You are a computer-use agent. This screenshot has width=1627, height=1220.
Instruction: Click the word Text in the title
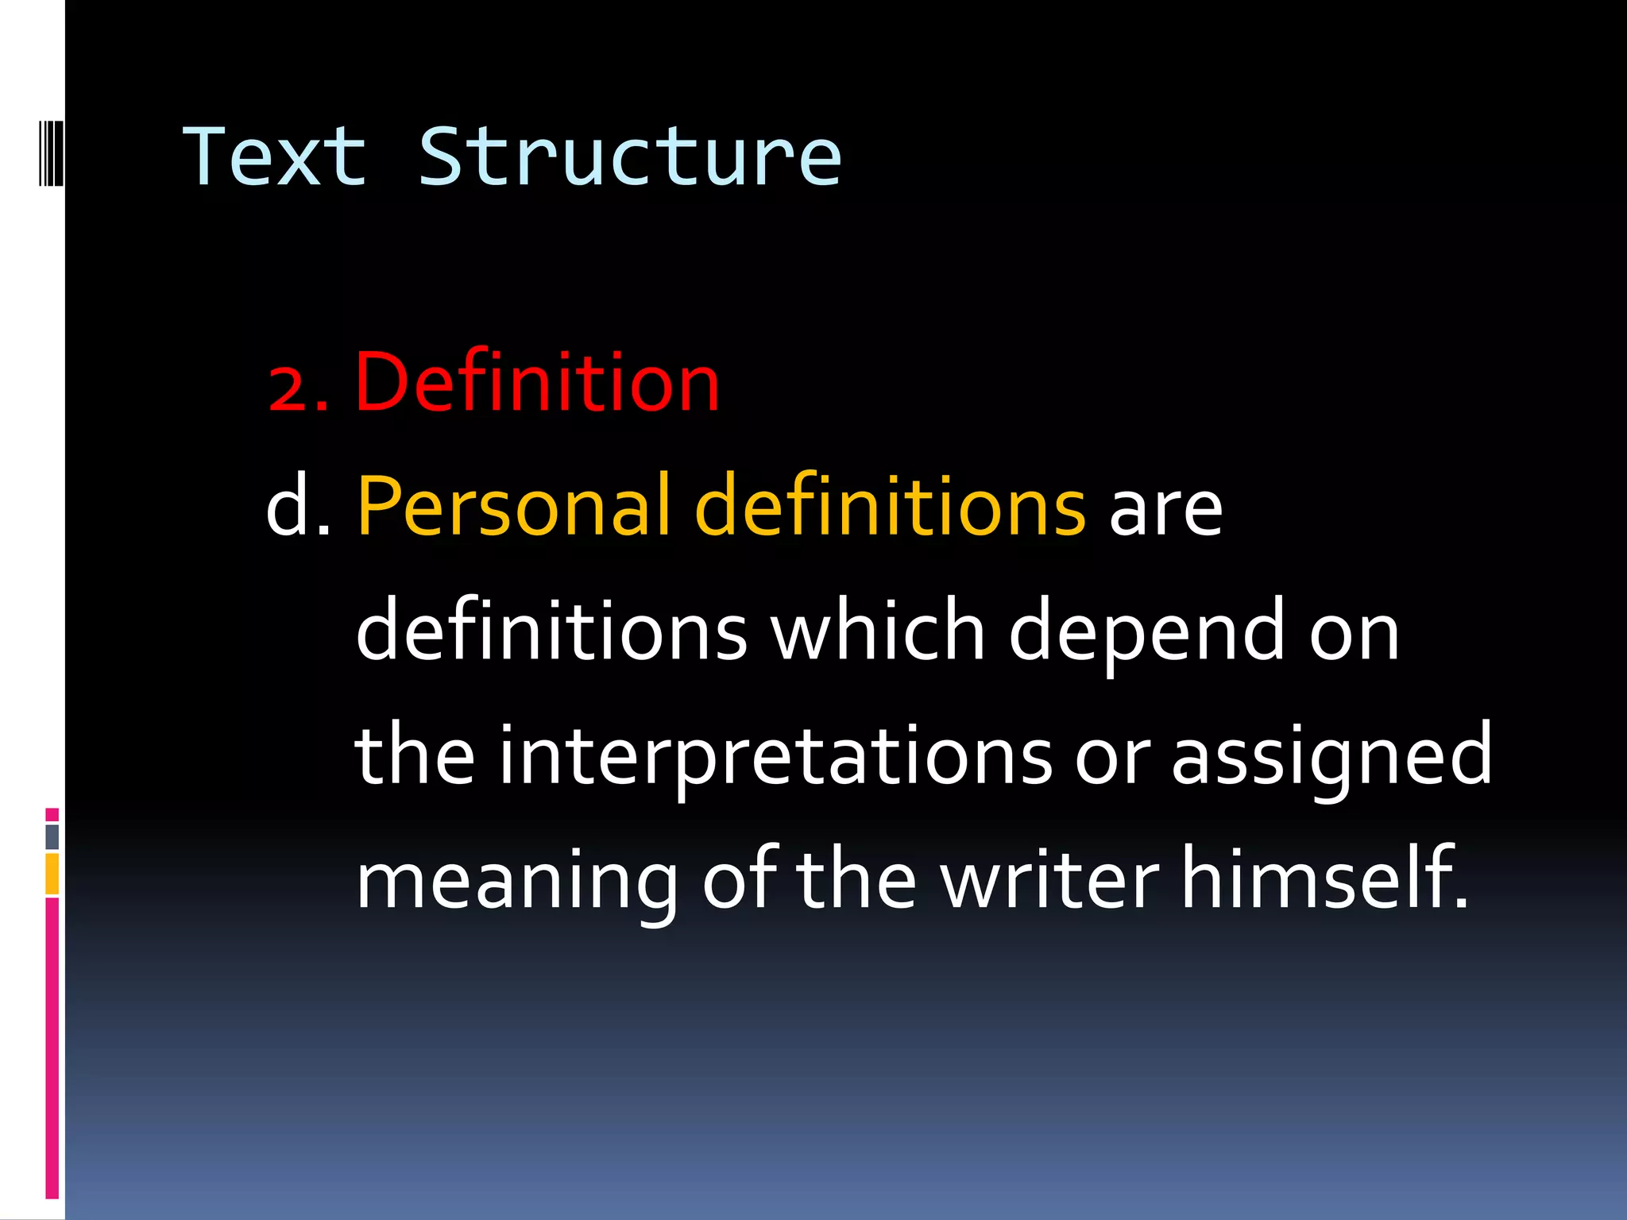click(274, 157)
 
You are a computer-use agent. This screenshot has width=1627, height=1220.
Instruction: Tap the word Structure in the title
click(629, 157)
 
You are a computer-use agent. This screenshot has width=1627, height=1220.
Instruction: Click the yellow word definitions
click(890, 506)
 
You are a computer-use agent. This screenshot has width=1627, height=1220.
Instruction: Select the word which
click(878, 631)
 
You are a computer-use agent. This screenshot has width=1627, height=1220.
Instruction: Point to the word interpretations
click(775, 759)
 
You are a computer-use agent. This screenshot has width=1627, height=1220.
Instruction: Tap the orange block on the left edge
click(52, 874)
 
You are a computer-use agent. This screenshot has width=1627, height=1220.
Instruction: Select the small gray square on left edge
click(52, 837)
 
